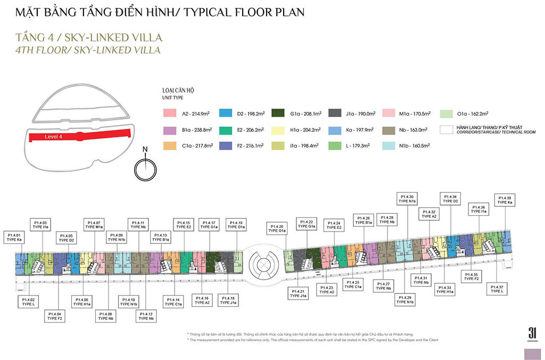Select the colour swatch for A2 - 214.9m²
point(170,113)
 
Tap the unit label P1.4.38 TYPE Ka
point(504,200)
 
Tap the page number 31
point(532,331)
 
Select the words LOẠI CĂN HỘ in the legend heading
point(178,91)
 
